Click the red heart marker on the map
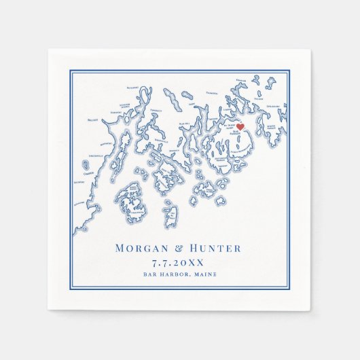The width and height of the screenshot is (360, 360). [x=240, y=126]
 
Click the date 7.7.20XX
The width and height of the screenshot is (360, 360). [x=179, y=262]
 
